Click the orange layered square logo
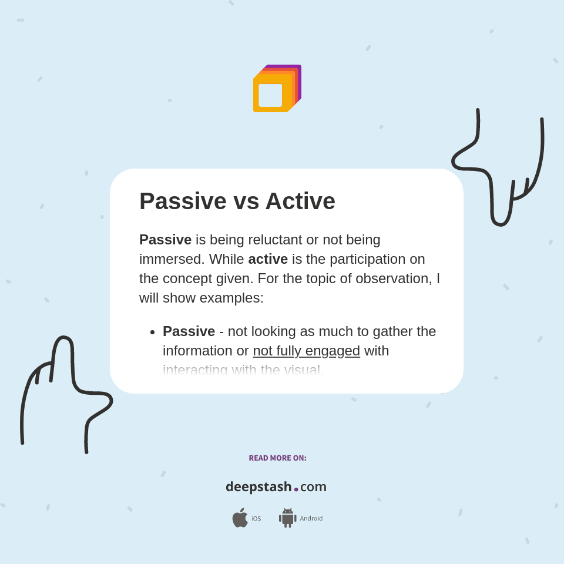[x=277, y=89]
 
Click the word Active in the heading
[x=300, y=202]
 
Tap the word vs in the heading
[x=246, y=202]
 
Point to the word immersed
[x=172, y=259]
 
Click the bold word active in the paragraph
[x=268, y=259]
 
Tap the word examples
[x=231, y=298]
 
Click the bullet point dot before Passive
[x=152, y=332]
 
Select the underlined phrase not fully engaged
[x=306, y=351]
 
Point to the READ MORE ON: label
[x=277, y=458]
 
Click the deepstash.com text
[x=276, y=486]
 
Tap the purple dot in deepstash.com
[x=296, y=489]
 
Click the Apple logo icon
[x=240, y=518]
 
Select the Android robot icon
[x=287, y=518]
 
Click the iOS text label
[x=256, y=519]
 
